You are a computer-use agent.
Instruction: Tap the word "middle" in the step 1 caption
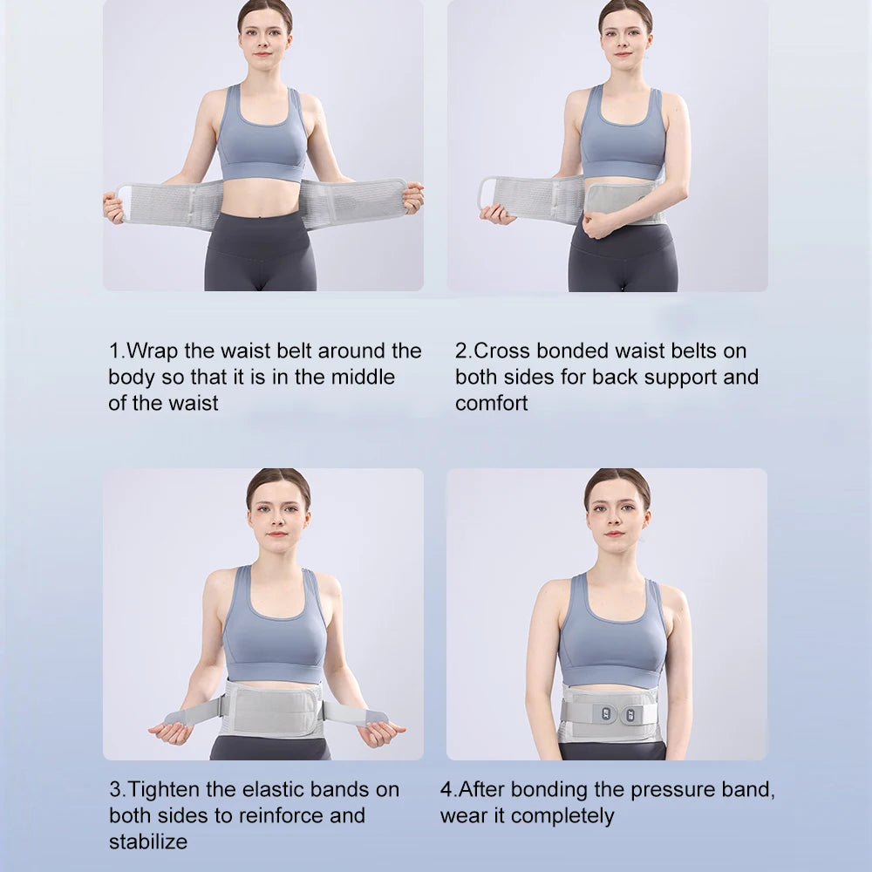pyautogui.click(x=363, y=377)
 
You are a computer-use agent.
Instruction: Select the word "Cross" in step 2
pyautogui.click(x=502, y=351)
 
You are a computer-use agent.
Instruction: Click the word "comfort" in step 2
pyautogui.click(x=491, y=403)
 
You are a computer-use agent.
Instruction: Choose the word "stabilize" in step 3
pyautogui.click(x=148, y=841)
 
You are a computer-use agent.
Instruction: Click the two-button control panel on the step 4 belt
pyautogui.click(x=618, y=715)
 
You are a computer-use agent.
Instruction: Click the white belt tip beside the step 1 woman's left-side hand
pyautogui.click(x=125, y=202)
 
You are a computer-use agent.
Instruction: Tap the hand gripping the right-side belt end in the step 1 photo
pyautogui.click(x=412, y=198)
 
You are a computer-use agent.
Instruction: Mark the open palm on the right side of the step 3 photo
pyautogui.click(x=380, y=732)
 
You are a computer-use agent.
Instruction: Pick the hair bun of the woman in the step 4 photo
pyautogui.click(x=618, y=476)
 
